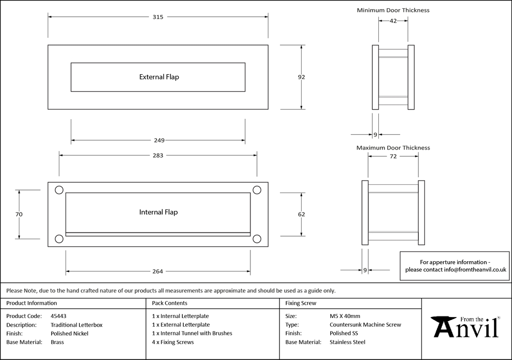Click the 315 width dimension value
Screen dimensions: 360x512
click(x=158, y=17)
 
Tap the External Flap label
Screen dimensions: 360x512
click(x=159, y=77)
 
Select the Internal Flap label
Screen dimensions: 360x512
click(x=159, y=212)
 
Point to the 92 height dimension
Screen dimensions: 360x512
click(x=302, y=77)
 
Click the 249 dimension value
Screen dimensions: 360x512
click(x=158, y=140)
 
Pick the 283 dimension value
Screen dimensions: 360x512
click(x=158, y=156)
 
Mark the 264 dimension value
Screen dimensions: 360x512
click(x=158, y=271)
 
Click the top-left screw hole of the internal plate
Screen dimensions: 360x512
click(x=59, y=190)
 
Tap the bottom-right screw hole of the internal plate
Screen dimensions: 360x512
click(x=257, y=238)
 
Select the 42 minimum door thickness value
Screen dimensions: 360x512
click(x=393, y=21)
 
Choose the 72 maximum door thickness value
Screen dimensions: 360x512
click(x=393, y=157)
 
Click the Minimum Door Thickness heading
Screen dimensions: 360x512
click(x=393, y=10)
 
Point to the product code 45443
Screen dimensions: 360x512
click(x=59, y=316)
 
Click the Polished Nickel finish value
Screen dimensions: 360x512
click(x=70, y=333)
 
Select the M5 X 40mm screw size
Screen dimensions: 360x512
click(x=345, y=316)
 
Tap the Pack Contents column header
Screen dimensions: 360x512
click(x=170, y=303)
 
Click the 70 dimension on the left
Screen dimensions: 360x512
click(x=19, y=215)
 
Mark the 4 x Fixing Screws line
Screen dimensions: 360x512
click(x=173, y=342)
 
